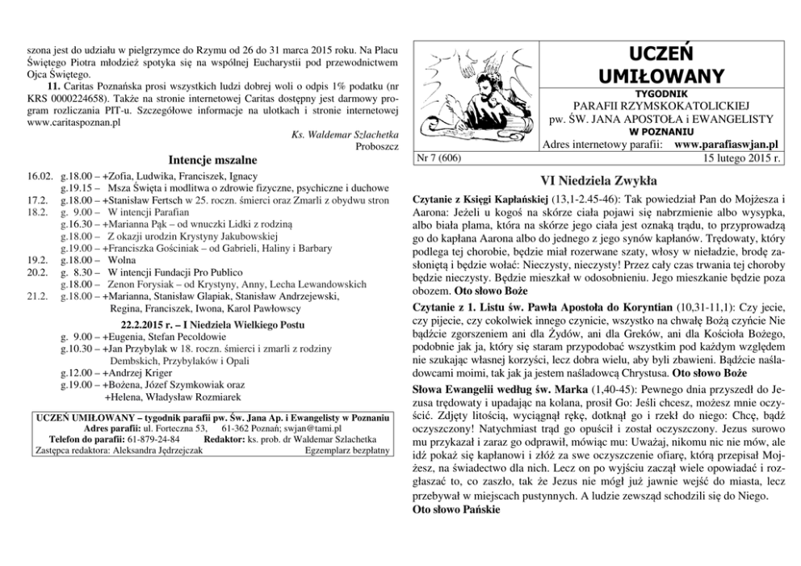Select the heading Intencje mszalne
pos(212,159)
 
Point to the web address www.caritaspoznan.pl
pos(73,124)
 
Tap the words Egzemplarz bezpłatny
pos(349,450)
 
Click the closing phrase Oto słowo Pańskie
pos(456,511)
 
